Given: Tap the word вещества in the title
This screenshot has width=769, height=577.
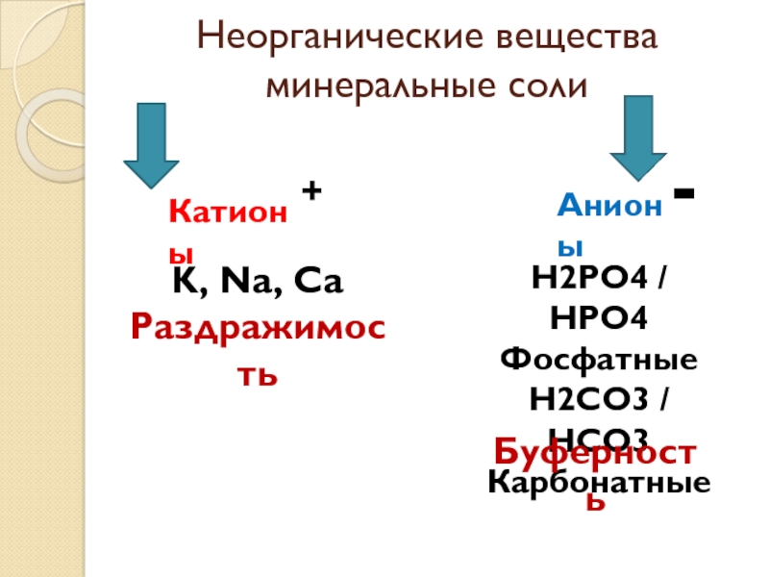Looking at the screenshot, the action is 573,41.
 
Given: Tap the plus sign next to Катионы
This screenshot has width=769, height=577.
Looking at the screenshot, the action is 310,192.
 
